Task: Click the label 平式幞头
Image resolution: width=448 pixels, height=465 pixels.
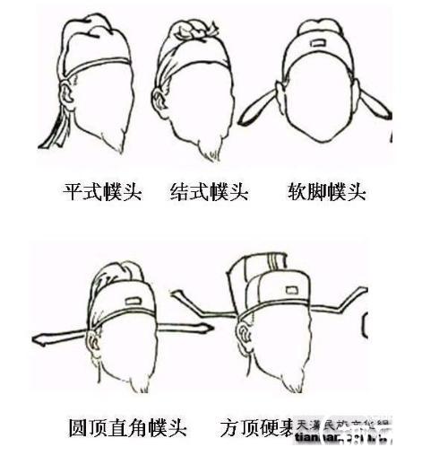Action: coord(102,192)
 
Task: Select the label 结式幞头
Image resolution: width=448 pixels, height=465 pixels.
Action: coord(209,192)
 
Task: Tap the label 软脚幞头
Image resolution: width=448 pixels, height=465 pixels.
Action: coord(326,192)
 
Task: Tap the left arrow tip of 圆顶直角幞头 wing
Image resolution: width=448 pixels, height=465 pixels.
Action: coord(38,339)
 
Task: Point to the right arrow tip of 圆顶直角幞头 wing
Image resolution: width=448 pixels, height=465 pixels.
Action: coord(206,329)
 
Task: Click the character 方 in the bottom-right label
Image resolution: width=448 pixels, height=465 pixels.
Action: coord(229,428)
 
